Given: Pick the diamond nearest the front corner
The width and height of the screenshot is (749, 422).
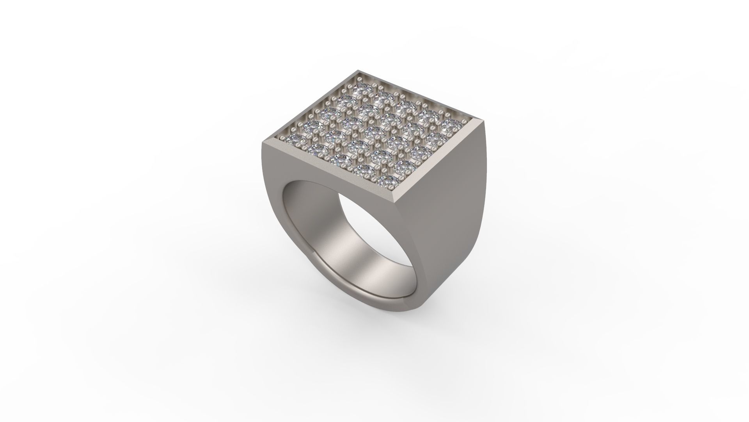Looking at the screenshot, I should (388, 181).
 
